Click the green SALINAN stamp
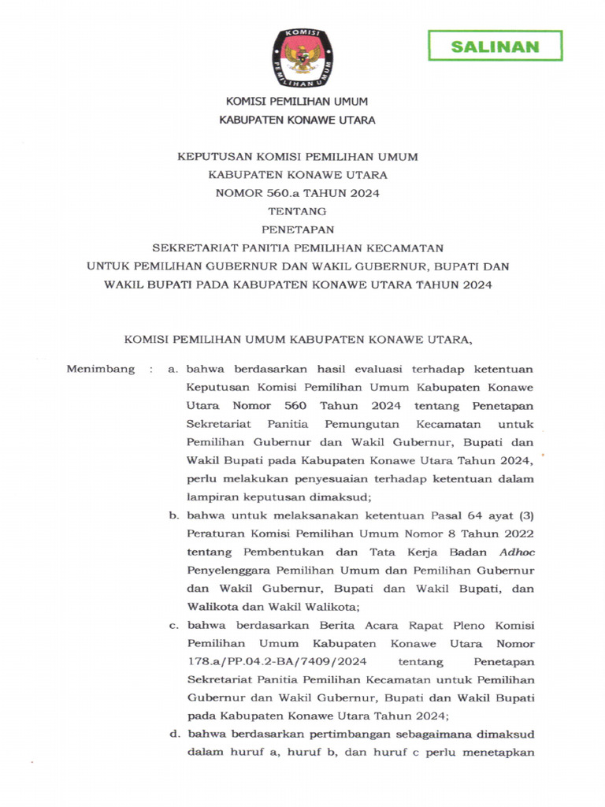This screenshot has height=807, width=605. click(495, 46)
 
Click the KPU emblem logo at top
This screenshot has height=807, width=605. click(302, 57)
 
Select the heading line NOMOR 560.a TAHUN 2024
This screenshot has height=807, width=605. click(302, 193)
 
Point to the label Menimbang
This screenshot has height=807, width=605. click(101, 369)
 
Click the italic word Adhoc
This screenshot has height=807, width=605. click(515, 552)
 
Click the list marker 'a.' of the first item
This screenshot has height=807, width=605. click(173, 369)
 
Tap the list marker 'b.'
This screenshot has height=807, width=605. click(173, 516)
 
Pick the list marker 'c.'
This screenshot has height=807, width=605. click(173, 625)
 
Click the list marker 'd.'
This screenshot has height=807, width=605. click(173, 734)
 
